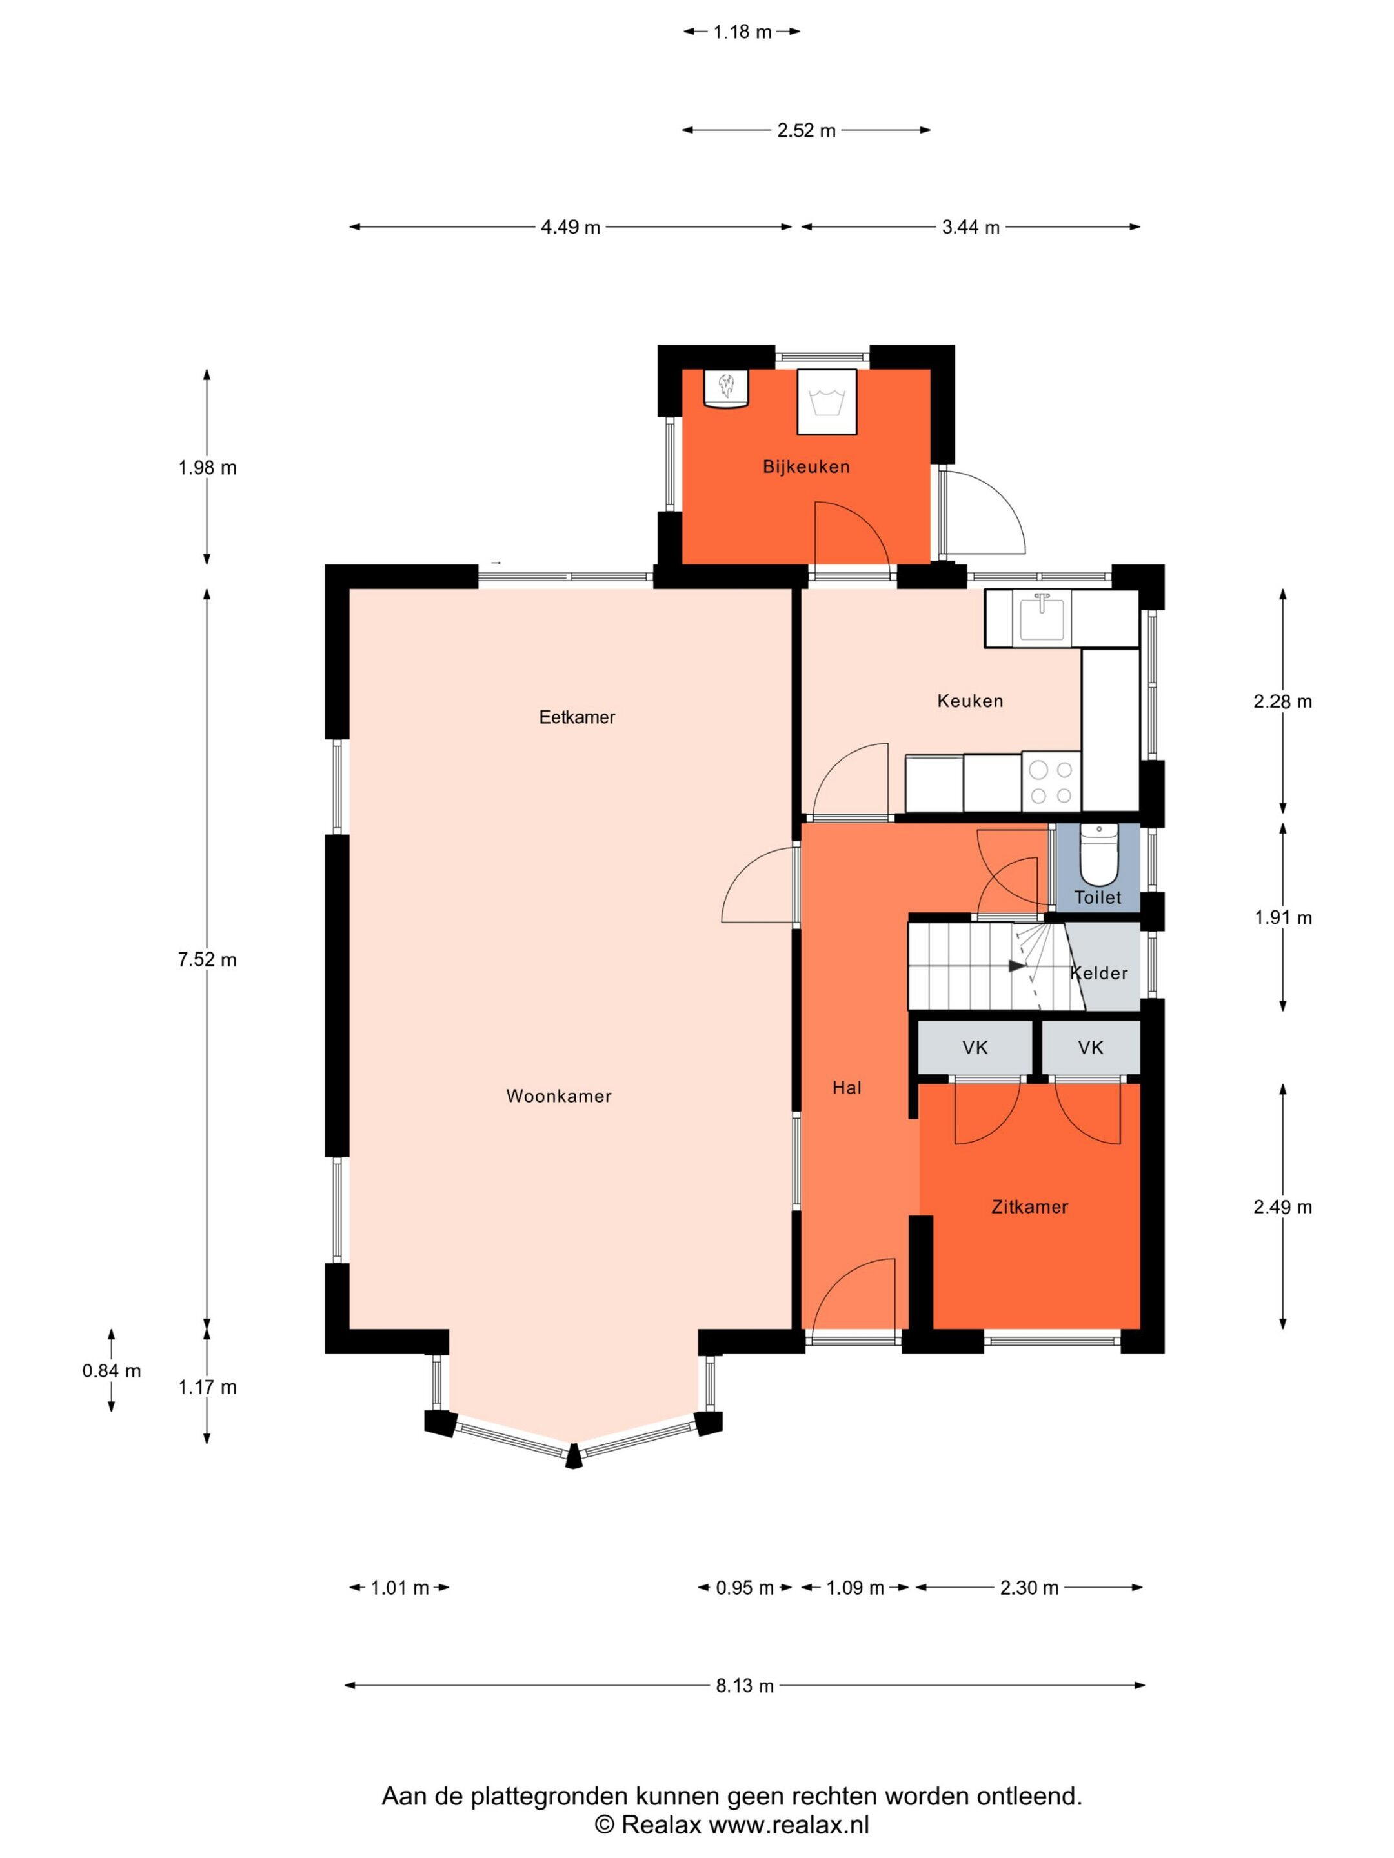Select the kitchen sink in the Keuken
click(x=1044, y=617)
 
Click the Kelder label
click(x=1098, y=974)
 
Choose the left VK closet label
click(x=975, y=1048)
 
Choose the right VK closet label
click(x=1091, y=1048)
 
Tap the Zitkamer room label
click(x=1029, y=1207)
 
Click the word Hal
click(x=847, y=1088)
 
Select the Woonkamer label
click(x=559, y=1096)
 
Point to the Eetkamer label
click(x=577, y=717)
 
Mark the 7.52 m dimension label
click(x=207, y=960)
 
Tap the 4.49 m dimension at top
click(x=571, y=227)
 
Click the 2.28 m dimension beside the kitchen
click(x=1282, y=701)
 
